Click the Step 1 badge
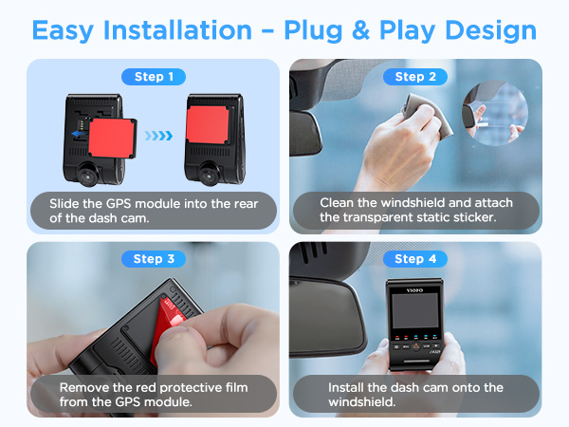pyautogui.click(x=154, y=77)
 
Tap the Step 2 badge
pyautogui.click(x=415, y=77)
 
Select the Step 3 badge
pyautogui.click(x=154, y=259)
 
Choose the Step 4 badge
pyautogui.click(x=415, y=259)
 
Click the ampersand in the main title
pyautogui.click(x=360, y=30)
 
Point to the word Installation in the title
pyautogui.click(x=177, y=29)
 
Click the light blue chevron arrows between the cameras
pyautogui.click(x=158, y=136)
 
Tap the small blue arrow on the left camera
pyautogui.click(x=78, y=134)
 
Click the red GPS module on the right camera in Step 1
pyautogui.click(x=208, y=124)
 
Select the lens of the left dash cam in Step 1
pyautogui.click(x=88, y=176)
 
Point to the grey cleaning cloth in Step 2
pyautogui.click(x=429, y=115)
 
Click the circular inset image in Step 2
pyautogui.click(x=495, y=113)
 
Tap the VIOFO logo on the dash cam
pyautogui.click(x=414, y=290)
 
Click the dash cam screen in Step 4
pyautogui.click(x=415, y=311)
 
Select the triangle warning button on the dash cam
pyautogui.click(x=416, y=346)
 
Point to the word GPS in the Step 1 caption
pyautogui.click(x=118, y=204)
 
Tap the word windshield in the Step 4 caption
pyautogui.click(x=362, y=402)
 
